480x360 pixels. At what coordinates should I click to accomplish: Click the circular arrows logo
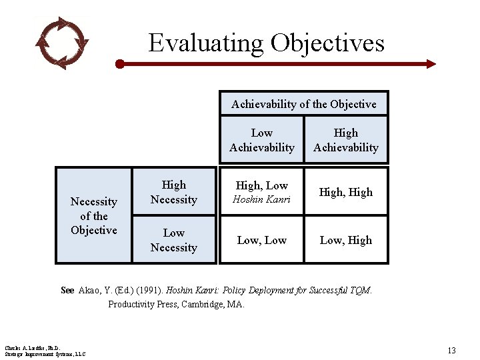pos(62,43)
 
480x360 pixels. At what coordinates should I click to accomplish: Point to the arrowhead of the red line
pos(431,64)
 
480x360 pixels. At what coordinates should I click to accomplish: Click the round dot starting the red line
pos(120,64)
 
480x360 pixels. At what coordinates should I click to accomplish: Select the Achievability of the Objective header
pos(303,104)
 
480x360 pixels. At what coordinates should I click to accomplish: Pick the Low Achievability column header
pos(261,140)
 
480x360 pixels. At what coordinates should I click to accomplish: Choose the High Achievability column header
pos(345,140)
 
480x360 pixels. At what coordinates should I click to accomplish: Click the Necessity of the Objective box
pos(93,215)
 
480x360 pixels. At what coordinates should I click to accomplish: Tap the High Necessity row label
pos(173,192)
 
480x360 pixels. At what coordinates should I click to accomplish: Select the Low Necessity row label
pos(173,240)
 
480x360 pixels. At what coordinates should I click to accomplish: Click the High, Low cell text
pos(261,185)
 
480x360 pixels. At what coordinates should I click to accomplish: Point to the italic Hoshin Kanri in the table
pos(261,199)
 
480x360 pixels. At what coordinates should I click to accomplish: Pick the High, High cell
pos(345,192)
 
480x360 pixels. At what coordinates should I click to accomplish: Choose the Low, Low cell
pos(261,240)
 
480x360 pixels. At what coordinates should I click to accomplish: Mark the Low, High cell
pos(345,240)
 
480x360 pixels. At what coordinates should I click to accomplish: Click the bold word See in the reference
pos(67,290)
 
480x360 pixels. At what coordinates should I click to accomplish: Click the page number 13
pos(451,351)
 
